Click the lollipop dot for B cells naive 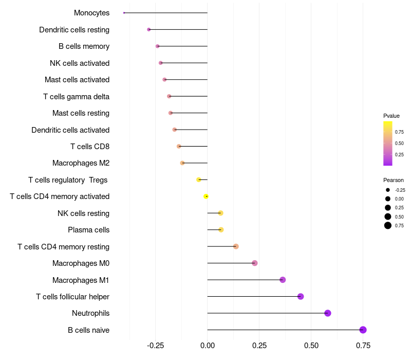363,330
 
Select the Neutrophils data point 328,313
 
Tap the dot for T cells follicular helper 301,296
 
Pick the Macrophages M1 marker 283,280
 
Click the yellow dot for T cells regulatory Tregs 199,179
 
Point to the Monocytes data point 124,13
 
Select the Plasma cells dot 221,229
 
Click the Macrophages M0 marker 255,263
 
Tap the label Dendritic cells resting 74,30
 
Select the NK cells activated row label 80,63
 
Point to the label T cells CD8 90,147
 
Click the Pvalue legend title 391,116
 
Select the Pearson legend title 393,180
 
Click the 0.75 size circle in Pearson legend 388,225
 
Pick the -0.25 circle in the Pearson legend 388,190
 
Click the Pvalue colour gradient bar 388,143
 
